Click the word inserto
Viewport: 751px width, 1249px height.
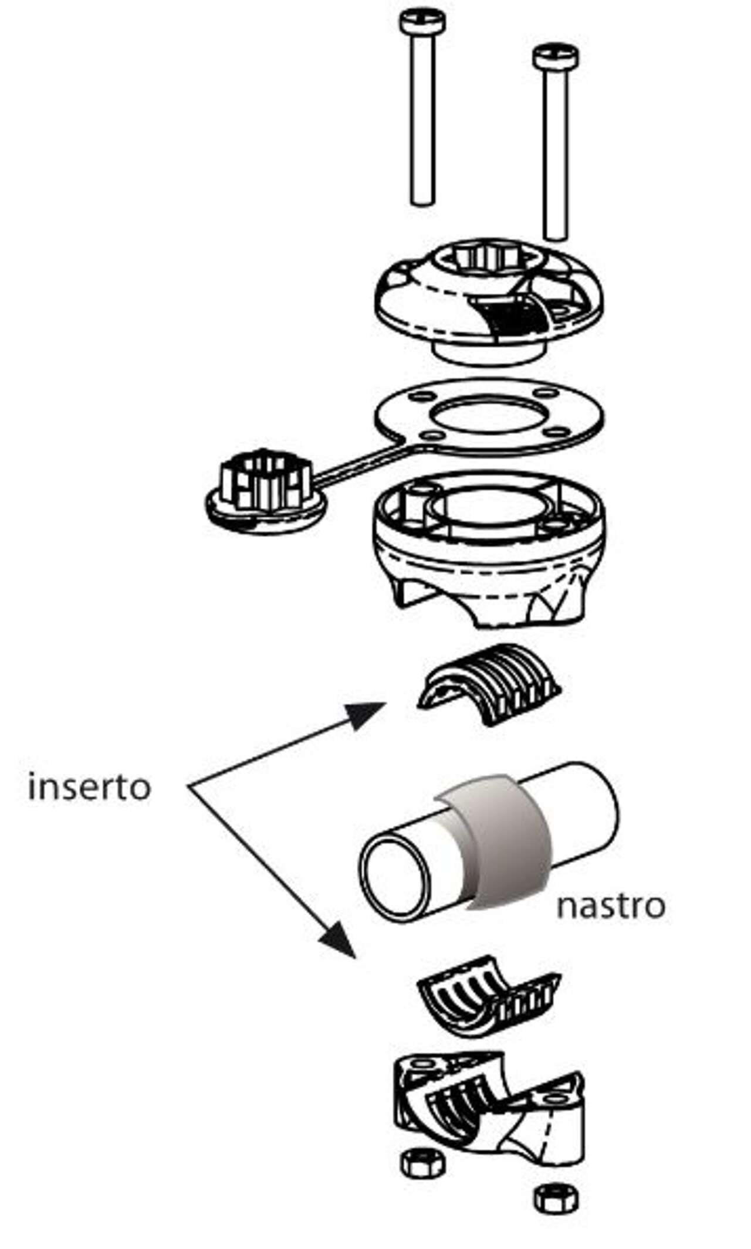coord(89,787)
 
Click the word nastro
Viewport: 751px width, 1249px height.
coord(610,906)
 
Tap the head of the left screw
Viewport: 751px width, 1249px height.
coord(422,22)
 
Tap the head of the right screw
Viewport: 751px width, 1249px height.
coord(555,56)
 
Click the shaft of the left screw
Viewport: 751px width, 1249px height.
coord(422,117)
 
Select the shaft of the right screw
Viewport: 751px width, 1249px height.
coord(555,152)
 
